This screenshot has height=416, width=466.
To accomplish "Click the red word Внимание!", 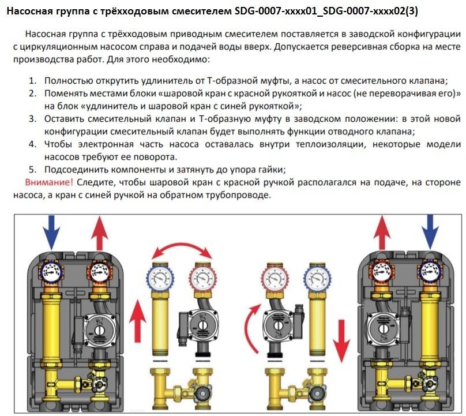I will click(49, 182).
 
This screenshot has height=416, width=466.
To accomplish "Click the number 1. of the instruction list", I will click(33, 81).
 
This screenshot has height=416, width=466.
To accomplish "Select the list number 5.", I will click(33, 170).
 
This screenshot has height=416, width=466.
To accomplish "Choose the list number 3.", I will click(33, 119).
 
